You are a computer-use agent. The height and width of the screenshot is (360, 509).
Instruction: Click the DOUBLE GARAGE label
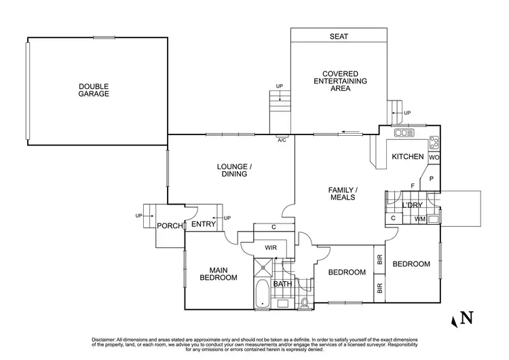94,90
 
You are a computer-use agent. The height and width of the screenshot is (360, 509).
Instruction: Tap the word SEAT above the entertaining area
339,37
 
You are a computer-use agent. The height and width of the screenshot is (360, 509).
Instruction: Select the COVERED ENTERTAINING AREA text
339,81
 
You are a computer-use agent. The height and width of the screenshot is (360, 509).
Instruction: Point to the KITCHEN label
408,157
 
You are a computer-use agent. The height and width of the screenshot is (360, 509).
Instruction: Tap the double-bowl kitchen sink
404,133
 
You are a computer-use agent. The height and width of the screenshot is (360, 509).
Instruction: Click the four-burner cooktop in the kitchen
434,143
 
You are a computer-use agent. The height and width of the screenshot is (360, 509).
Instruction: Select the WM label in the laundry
420,219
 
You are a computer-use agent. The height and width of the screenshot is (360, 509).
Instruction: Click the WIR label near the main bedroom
270,248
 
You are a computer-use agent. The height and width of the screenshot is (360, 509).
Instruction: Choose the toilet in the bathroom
305,301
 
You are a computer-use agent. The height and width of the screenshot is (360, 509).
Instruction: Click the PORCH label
170,226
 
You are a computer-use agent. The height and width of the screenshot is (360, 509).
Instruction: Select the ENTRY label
203,225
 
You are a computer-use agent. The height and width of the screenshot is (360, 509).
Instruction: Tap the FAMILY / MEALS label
343,194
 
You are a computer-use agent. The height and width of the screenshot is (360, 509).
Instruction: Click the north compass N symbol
466,318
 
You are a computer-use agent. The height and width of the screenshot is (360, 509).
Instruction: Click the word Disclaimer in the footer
106,339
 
